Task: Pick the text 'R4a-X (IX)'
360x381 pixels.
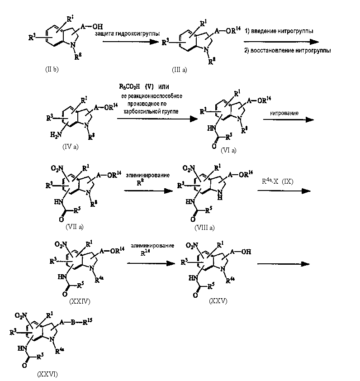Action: (277, 182)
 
